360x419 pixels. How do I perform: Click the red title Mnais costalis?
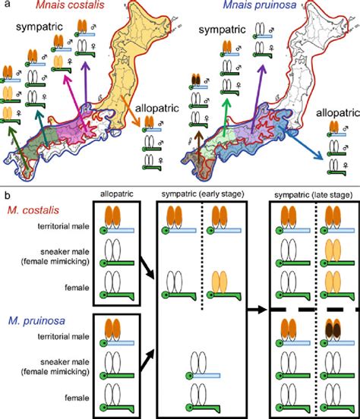coord(70,5)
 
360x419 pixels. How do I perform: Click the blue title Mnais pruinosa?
coord(260,5)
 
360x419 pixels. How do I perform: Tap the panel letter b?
coord(8,196)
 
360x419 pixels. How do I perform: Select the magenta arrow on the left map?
coord(75,103)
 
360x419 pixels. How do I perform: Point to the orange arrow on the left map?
coord(130,111)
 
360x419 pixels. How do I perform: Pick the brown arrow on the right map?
coord(198,146)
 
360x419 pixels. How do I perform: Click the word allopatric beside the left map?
coord(157,109)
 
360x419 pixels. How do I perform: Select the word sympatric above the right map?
coord(222,30)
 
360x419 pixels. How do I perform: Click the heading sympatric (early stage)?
coord(203,194)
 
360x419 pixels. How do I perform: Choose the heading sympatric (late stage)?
coord(313,195)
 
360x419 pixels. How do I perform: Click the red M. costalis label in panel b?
coord(33,210)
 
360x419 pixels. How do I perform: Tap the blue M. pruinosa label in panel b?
coord(36,320)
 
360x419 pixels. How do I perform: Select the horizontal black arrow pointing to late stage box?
coord(257,310)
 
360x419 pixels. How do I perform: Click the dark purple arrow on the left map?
coord(86,82)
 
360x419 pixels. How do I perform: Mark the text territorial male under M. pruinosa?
coord(63,336)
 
